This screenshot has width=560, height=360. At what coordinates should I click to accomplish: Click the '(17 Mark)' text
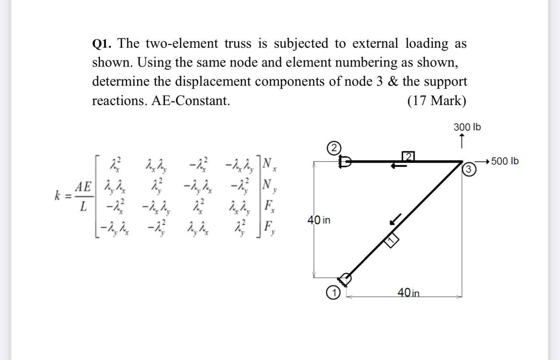[436, 101]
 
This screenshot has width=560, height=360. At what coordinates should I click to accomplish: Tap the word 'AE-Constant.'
[190, 101]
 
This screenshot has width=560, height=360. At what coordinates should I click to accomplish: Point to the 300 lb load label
[467, 127]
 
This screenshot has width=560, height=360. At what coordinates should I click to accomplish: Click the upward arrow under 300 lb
[462, 141]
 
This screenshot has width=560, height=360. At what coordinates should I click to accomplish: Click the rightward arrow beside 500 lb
[482, 161]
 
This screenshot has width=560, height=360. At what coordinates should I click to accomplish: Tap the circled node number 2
[333, 147]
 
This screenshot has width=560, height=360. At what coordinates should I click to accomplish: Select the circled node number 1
[333, 293]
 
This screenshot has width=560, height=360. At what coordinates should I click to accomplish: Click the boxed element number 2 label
[408, 156]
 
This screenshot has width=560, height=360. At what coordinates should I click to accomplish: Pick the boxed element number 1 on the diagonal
[391, 239]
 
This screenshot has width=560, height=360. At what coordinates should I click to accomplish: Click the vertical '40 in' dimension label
[319, 220]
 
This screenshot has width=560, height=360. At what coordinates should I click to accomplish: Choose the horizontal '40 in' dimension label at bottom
[408, 292]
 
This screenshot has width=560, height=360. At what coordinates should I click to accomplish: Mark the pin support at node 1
[345, 278]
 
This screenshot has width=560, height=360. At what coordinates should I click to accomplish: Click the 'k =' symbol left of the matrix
[61, 196]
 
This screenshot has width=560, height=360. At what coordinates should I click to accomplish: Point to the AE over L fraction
[82, 196]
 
